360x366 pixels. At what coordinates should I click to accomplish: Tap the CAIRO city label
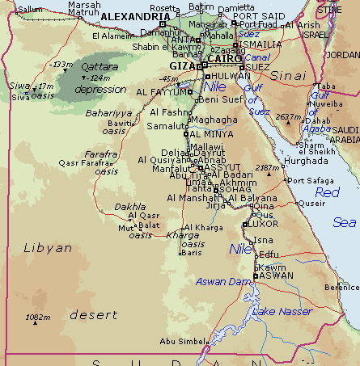click(x=224, y=59)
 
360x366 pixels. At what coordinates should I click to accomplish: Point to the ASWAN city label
click(x=276, y=276)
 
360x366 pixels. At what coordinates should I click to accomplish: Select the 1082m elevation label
click(x=37, y=318)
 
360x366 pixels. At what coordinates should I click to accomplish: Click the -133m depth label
click(x=61, y=64)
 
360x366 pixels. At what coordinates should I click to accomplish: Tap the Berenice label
click(x=341, y=287)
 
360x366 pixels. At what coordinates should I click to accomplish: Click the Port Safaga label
click(x=310, y=180)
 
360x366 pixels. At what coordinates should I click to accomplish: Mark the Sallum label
click(x=29, y=9)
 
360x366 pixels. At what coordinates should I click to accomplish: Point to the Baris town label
click(x=191, y=253)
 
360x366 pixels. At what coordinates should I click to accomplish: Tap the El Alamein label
click(x=112, y=36)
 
